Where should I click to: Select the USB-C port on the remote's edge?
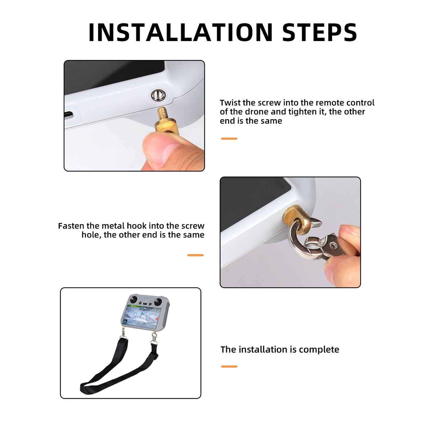[x=68, y=115]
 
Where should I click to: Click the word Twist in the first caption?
[x=230, y=103]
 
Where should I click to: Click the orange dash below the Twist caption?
[x=229, y=139]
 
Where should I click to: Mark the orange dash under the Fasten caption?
[x=195, y=255]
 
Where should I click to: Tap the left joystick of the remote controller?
[x=134, y=299]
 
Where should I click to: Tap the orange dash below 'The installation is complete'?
[x=229, y=367]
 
